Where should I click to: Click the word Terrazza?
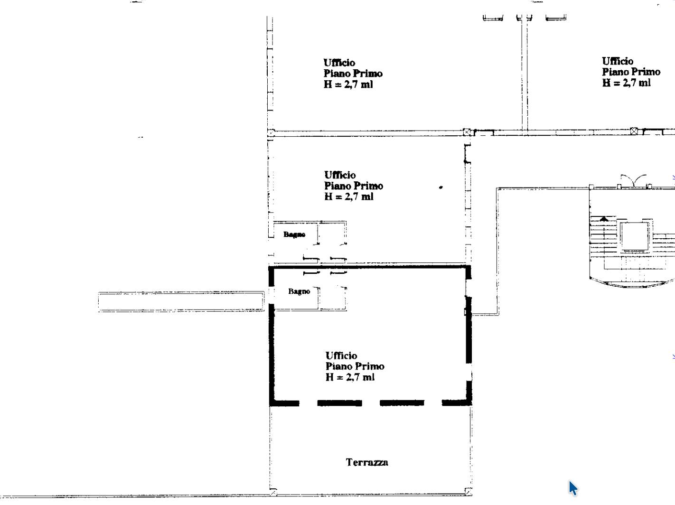367,462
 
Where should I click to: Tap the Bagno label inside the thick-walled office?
299,291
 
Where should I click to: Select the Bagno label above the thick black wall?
294,234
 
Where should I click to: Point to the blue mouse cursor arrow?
573,488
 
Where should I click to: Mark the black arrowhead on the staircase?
604,219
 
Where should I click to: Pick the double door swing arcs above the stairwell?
634,180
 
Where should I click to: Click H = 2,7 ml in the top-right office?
627,83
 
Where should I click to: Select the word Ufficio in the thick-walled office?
341,355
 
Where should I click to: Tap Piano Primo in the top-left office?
353,74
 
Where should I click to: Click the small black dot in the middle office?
441,187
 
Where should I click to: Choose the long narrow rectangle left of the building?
181,301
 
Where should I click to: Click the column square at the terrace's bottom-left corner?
273,492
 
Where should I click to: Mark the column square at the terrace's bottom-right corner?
469,492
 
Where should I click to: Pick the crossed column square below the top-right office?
634,131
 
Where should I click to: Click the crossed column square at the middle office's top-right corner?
467,132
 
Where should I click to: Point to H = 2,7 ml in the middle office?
349,196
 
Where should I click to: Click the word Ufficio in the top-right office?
618,61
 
